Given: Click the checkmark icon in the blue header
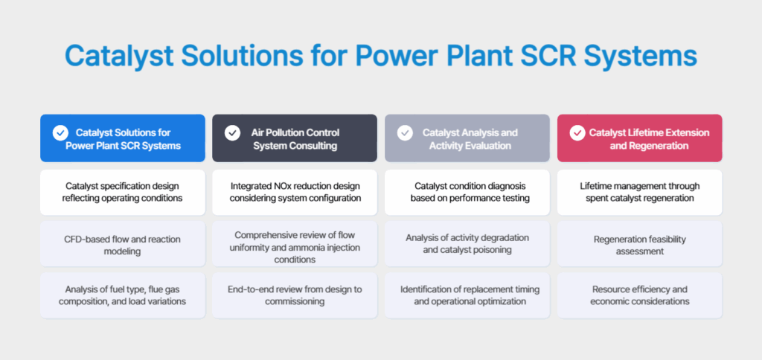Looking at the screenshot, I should pyautogui.click(x=60, y=132).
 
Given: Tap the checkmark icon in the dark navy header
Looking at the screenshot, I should pyautogui.click(x=233, y=132).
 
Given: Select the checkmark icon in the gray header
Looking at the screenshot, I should pyautogui.click(x=405, y=132).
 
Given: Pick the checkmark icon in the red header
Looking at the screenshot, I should pyautogui.click(x=577, y=132).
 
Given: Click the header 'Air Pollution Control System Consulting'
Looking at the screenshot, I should pyautogui.click(x=295, y=138).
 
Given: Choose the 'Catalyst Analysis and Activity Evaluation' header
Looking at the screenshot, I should pyautogui.click(x=467, y=138).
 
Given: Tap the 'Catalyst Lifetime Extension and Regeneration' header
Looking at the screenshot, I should pyautogui.click(x=640, y=138).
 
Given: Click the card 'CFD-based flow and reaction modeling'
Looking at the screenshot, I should pyautogui.click(x=123, y=244).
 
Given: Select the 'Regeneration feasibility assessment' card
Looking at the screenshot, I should pyautogui.click(x=640, y=244).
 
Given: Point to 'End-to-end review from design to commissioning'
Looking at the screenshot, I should pyautogui.click(x=295, y=295).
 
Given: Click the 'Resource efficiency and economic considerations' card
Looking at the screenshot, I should pyautogui.click(x=640, y=295).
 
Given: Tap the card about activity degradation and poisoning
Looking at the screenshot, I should pyautogui.click(x=467, y=244).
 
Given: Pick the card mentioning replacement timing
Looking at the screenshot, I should pyautogui.click(x=467, y=295).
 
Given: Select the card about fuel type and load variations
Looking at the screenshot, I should pyautogui.click(x=123, y=295).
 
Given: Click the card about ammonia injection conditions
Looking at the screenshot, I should pyautogui.click(x=295, y=244).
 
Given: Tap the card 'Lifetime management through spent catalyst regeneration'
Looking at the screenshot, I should pyautogui.click(x=640, y=193).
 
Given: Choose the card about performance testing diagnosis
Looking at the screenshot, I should pyautogui.click(x=467, y=193).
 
